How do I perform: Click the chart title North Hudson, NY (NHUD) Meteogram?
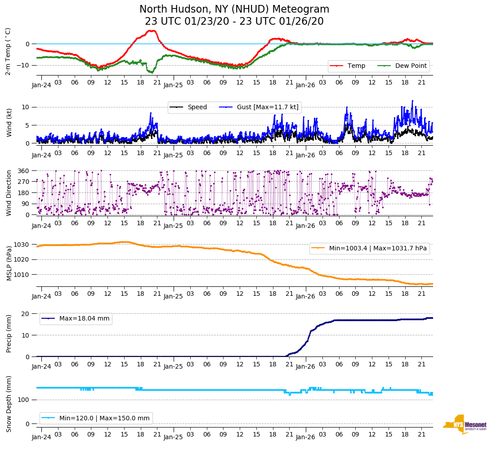(x=234, y=9)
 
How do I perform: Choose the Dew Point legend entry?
(x=410, y=66)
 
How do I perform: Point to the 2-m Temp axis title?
(x=8, y=51)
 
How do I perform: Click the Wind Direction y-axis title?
(x=9, y=193)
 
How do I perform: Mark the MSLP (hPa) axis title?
(x=9, y=263)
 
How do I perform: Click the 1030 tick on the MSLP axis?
(x=22, y=245)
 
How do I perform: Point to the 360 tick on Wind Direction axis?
(x=23, y=171)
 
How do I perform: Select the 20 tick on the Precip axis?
(x=26, y=313)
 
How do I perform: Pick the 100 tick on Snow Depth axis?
(x=24, y=400)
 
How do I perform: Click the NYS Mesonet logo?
(x=465, y=425)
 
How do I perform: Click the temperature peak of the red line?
(x=152, y=31)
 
